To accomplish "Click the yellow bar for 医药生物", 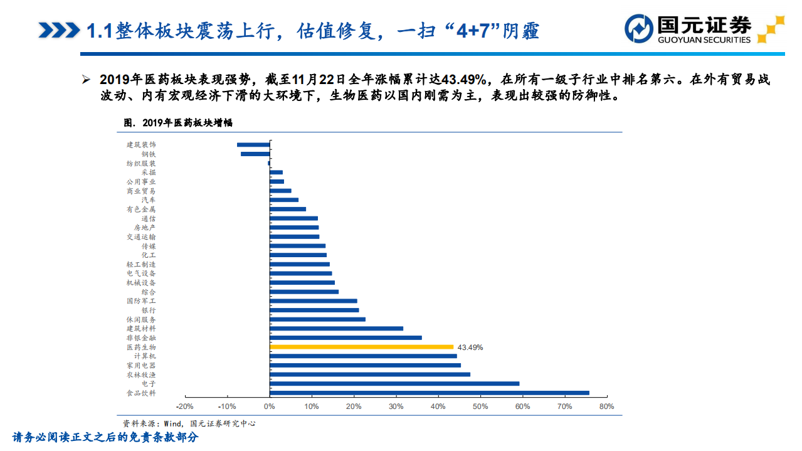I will tap(361, 347).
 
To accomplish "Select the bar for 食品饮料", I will tap(429, 393).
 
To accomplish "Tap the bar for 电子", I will tap(394, 383).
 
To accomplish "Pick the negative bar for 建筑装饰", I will tap(253, 145).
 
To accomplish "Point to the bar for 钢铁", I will tap(255, 154).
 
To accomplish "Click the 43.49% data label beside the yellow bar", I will tap(470, 347).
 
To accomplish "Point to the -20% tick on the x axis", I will tap(186, 407).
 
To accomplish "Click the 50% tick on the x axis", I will tap(480, 407).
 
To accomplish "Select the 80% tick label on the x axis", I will tap(606, 407).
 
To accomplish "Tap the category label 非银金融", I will tap(140, 337).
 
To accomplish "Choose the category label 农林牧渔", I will tap(140, 374).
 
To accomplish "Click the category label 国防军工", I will tap(140, 301).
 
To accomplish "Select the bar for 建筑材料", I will tap(336, 328).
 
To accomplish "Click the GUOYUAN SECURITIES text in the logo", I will tap(704, 40).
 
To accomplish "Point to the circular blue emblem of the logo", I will tap(639, 28).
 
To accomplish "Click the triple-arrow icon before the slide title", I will tap(58, 30).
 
